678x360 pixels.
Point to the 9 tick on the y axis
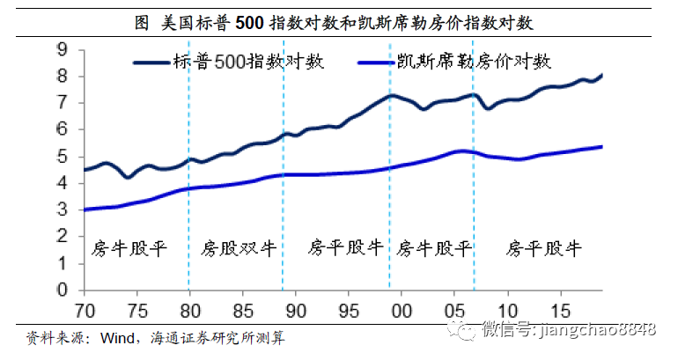point(63,50)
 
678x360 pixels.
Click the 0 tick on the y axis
point(63,290)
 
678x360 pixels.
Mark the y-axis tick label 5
point(63,157)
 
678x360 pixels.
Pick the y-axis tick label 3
point(63,209)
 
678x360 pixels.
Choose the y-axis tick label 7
point(63,103)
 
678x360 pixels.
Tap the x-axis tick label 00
point(402,310)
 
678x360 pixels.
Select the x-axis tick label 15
point(561,310)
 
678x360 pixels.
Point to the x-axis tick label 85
point(242,310)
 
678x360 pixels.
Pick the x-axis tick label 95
point(349,310)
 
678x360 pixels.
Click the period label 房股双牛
point(239,248)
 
